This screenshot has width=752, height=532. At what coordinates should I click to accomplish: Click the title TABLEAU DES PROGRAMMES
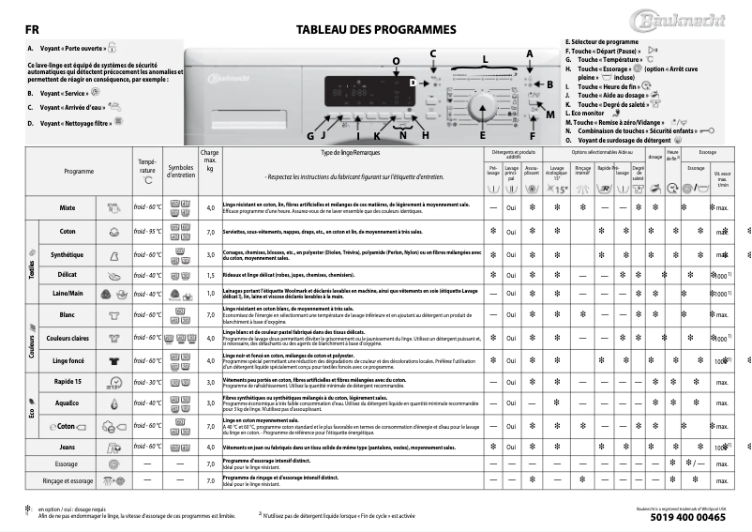coord(376,29)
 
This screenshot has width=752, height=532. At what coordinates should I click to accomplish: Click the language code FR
coord(31,29)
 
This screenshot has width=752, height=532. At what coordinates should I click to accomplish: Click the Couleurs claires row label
coord(68,338)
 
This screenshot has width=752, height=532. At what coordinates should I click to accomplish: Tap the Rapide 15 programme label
coord(68,382)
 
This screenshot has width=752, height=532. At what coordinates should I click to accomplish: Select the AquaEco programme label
coord(68,403)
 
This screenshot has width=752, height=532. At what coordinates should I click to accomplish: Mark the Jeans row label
coord(68,448)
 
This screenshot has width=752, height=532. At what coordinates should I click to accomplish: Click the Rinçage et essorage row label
coord(68,480)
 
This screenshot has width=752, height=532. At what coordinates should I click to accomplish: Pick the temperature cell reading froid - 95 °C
coord(147,231)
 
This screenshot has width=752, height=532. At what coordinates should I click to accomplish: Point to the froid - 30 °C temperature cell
coord(147,382)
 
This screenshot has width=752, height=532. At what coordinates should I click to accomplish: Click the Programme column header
coord(79,172)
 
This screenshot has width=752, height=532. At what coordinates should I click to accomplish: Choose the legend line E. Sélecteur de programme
coord(601,42)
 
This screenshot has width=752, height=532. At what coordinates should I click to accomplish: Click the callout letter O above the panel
coord(396,61)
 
